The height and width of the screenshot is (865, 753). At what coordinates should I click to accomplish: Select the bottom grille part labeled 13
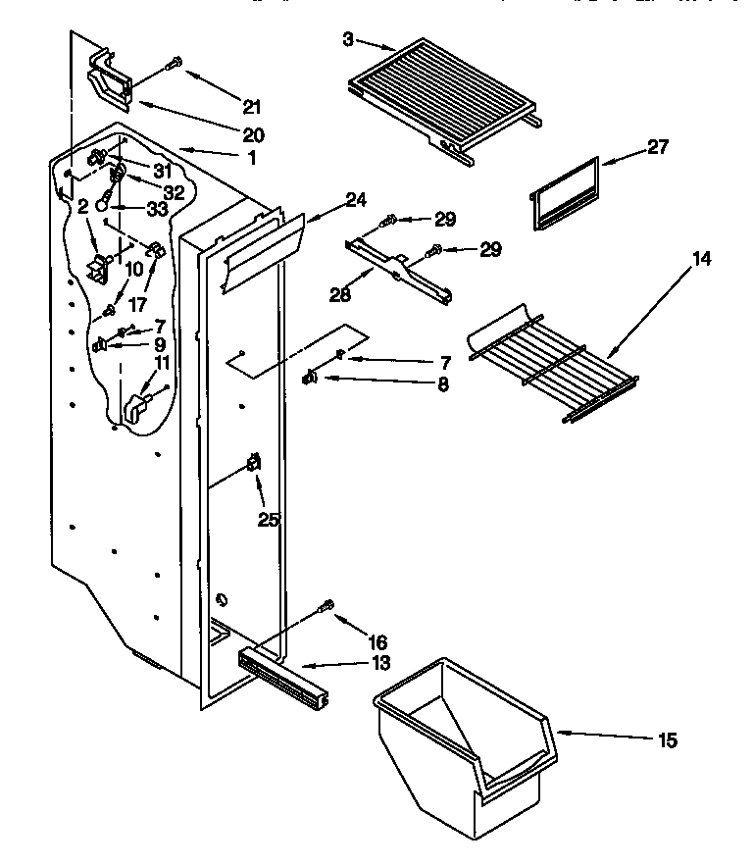coord(282,676)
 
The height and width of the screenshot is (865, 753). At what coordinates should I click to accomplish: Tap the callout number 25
coord(269,520)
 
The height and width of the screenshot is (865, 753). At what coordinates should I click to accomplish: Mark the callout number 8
coord(443,385)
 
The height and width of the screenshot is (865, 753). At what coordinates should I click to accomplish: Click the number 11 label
coord(162,363)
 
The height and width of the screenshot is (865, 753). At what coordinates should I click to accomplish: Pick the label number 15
coord(667,740)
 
